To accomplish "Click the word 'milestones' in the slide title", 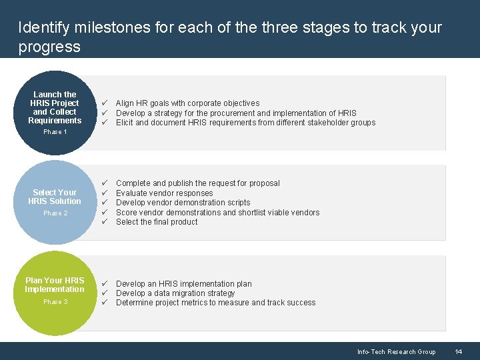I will [x=103, y=28].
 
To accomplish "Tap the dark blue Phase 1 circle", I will [x=55, y=113].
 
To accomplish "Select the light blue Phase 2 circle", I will [x=55, y=202].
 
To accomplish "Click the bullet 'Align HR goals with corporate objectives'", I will [x=187, y=103].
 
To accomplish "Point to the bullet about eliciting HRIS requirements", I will [x=245, y=123].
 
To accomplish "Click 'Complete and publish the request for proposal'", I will [x=197, y=183].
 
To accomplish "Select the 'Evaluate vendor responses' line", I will [x=164, y=193].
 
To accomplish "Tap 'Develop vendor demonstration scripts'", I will [x=183, y=203].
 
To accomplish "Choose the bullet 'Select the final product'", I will [x=157, y=222].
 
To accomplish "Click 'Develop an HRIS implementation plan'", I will [x=183, y=284].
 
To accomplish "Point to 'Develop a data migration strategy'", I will [x=175, y=293].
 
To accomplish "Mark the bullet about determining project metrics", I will [x=215, y=303].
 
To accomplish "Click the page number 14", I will [x=459, y=351].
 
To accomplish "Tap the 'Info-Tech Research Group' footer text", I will [x=396, y=351].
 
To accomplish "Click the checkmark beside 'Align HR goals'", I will [x=104, y=103].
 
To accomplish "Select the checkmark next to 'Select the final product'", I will [x=104, y=222].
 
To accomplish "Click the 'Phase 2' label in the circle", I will [x=55, y=213].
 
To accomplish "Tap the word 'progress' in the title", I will [x=49, y=47].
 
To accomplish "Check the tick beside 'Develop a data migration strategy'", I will [x=104, y=293].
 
